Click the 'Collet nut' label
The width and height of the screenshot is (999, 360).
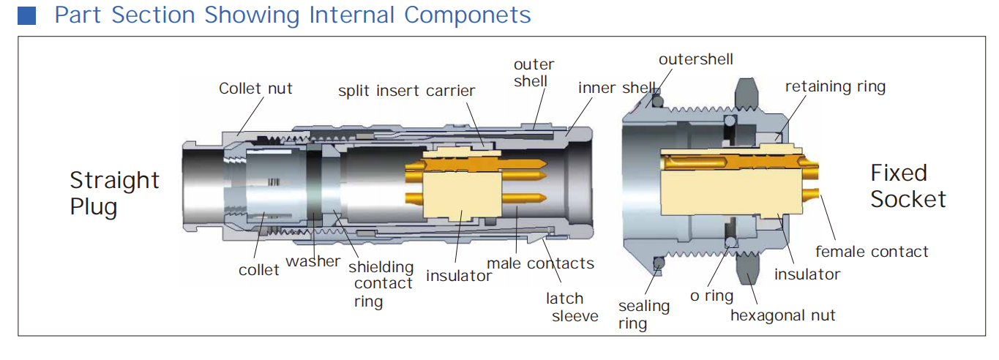coord(255,89)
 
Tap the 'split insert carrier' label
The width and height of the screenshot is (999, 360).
coord(406,91)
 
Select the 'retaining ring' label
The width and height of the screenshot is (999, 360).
coord(835,86)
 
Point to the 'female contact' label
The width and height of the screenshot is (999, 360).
coord(871,252)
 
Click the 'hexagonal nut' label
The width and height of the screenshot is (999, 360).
coord(782,315)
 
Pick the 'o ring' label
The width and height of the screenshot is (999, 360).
coord(711,296)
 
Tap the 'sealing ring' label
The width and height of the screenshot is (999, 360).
coord(643,314)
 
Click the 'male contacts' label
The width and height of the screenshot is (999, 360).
coord(540,263)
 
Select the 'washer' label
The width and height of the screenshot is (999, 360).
coord(313,261)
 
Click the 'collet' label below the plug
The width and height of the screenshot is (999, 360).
coord(258,270)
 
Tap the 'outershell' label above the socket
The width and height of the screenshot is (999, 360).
coord(695,59)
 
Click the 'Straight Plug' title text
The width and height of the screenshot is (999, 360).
coord(114,193)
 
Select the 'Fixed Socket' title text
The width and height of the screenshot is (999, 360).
coord(908,186)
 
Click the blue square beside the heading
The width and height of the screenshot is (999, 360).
coord(26,15)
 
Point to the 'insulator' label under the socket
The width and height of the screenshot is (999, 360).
coord(807,274)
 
